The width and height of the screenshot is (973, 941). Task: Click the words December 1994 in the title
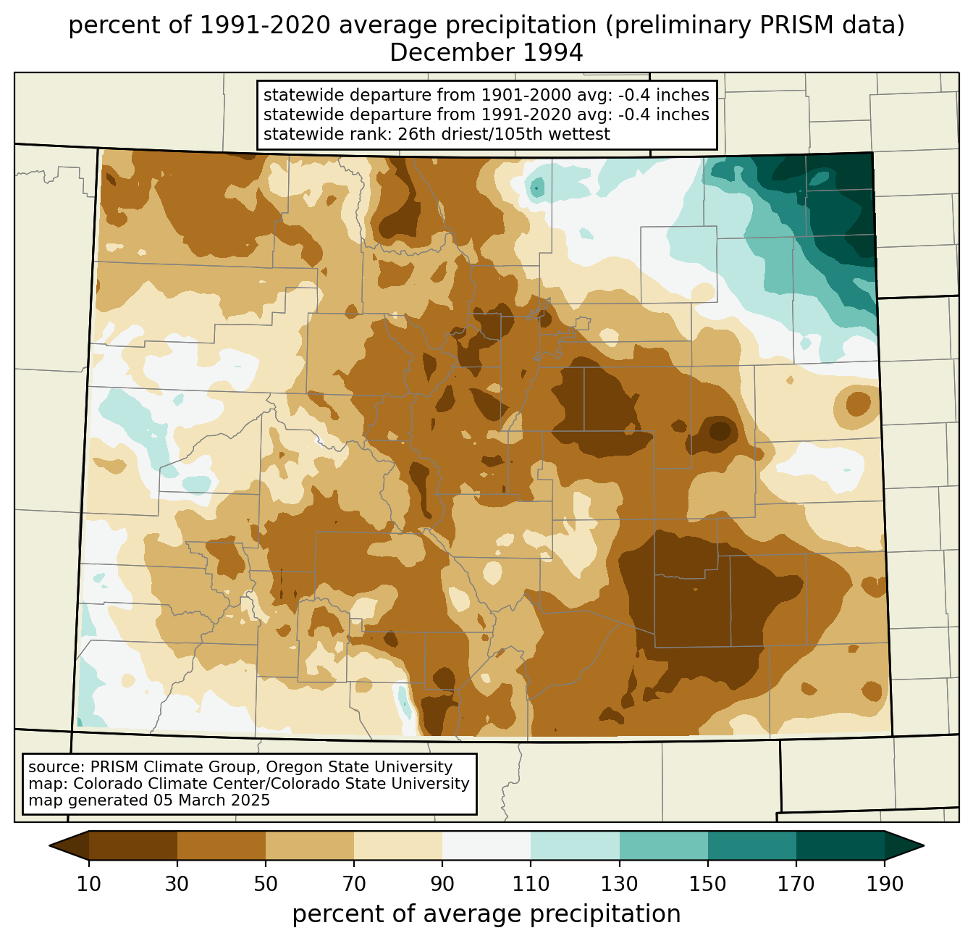point(486,53)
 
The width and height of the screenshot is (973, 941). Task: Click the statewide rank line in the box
point(437,134)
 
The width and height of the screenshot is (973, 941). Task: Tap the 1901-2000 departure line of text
point(486,95)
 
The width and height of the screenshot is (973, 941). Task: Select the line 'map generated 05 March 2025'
point(149,800)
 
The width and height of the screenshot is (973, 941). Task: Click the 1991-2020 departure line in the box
point(486,114)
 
